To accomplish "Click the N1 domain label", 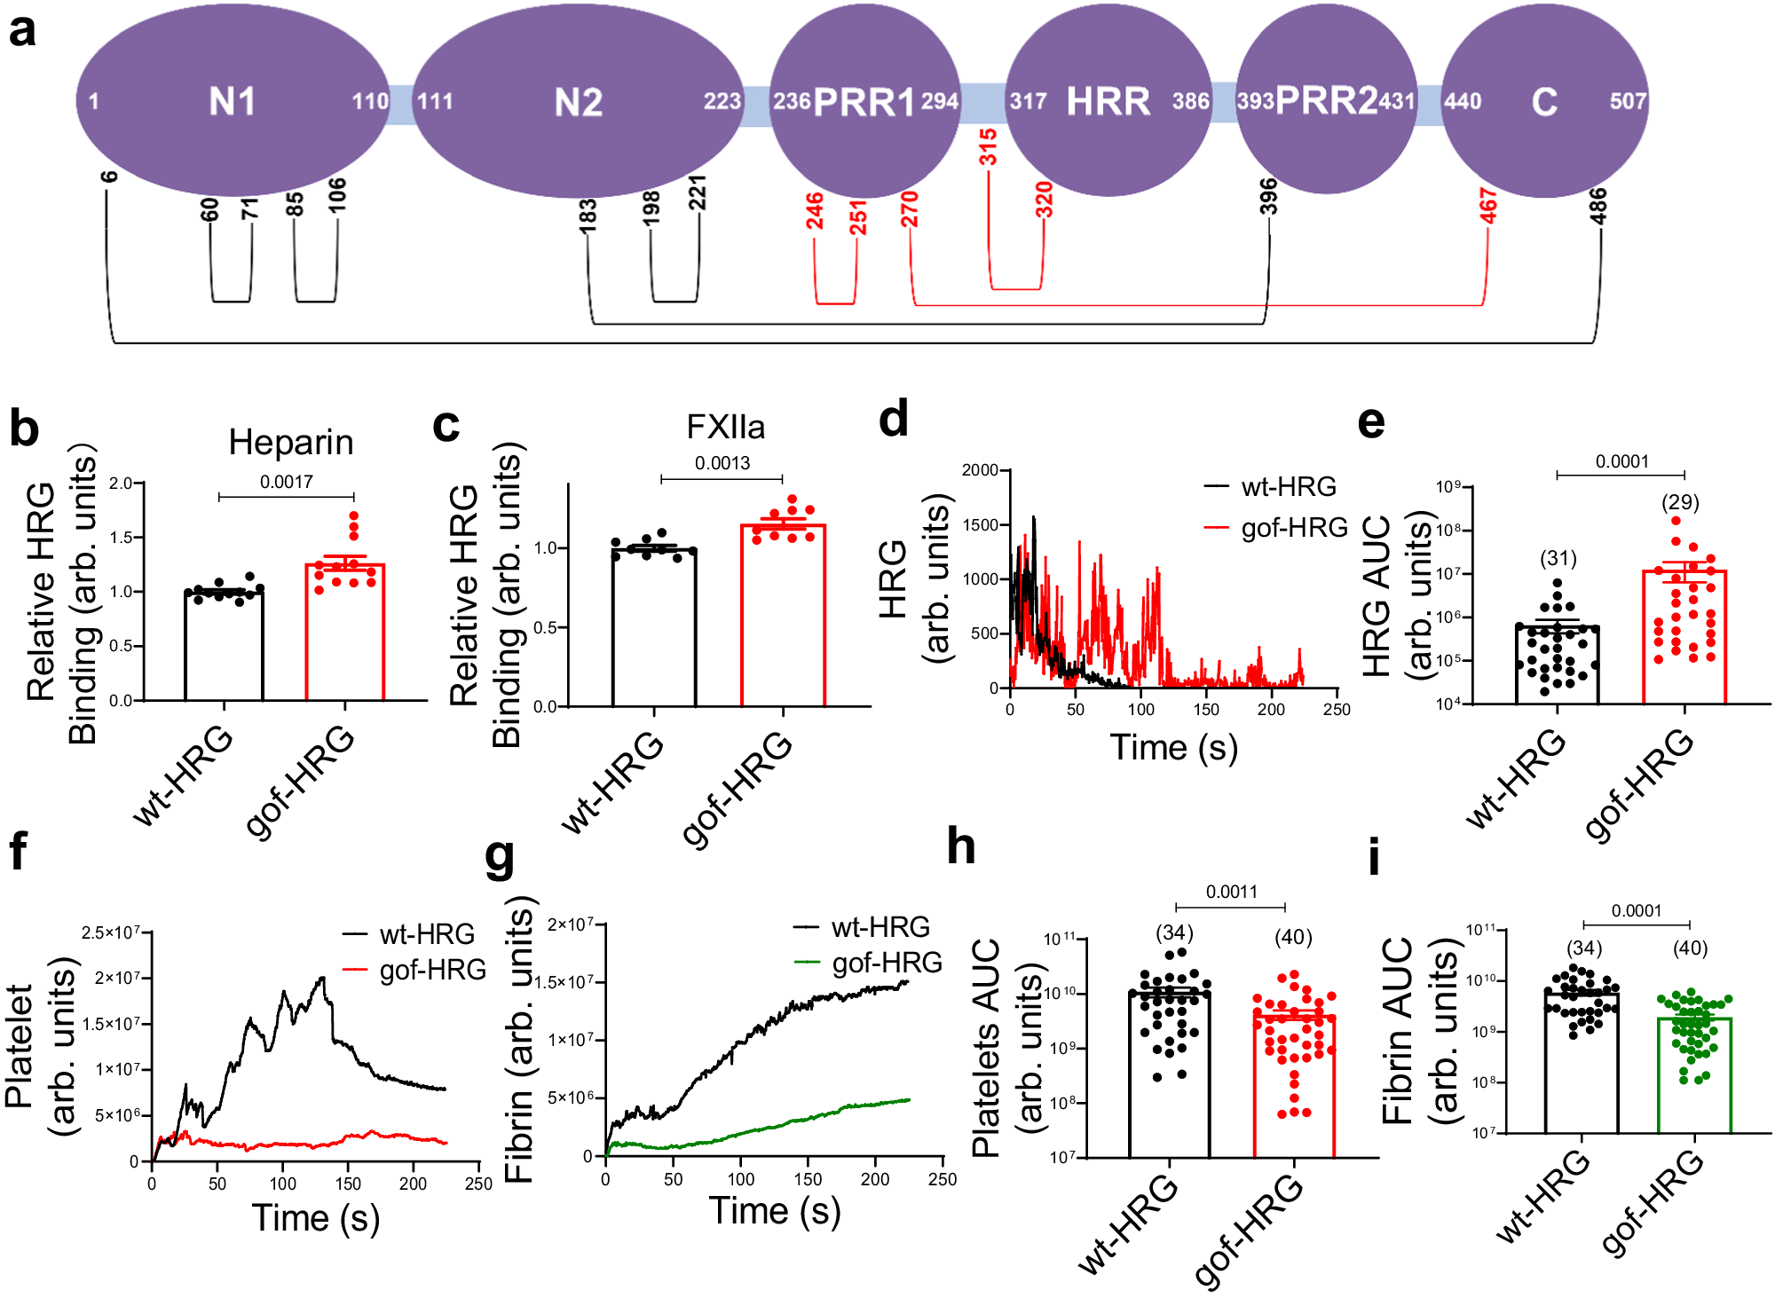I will coord(232,101).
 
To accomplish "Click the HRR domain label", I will coord(1108,101).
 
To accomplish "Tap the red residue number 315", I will coord(988,146).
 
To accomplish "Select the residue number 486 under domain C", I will coord(1597,206).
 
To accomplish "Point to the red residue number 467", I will coord(1487,206).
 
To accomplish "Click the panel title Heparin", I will coord(290,442).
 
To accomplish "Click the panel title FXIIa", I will coord(725,427).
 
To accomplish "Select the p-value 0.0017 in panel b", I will coord(286,482).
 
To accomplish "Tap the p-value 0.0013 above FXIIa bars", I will coord(722,463).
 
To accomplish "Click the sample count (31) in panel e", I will coord(1558,558).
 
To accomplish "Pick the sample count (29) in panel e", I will coord(1680,502).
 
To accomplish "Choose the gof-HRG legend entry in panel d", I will coord(1293,528).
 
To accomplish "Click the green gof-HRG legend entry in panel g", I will coord(886,963).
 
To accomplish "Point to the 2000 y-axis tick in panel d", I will coord(981,469).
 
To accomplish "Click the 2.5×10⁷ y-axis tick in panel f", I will coord(111,932).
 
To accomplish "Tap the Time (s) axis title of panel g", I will coord(774,1211).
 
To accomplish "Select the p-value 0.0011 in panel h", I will coord(1231,892).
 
